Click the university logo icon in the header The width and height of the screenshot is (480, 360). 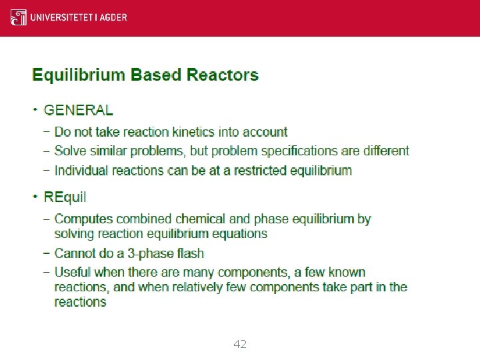coord(19,17)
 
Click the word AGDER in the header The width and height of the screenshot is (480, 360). coord(114,17)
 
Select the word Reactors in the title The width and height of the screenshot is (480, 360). coord(223,74)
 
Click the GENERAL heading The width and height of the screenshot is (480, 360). coord(78,111)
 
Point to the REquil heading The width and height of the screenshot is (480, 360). coord(65,197)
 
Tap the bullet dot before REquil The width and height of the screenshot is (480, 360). coord(35,196)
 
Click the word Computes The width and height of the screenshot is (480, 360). coord(84,219)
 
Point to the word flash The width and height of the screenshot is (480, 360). coord(191,253)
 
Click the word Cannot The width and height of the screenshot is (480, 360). coord(75,253)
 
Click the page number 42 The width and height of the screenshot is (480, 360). coord(240,344)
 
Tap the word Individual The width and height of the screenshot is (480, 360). coord(81,170)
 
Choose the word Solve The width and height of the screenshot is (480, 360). coord(71,151)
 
